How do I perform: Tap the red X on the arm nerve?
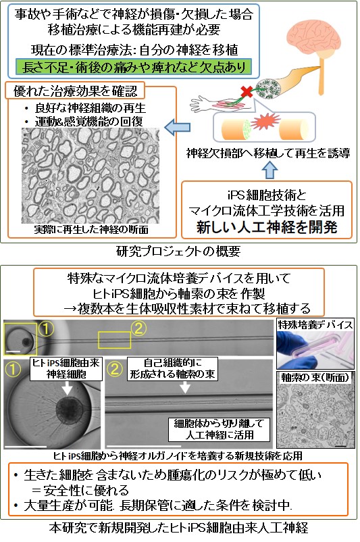click(x=247, y=92)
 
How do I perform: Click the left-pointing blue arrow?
click(x=177, y=128)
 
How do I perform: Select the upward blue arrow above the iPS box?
click(x=269, y=170)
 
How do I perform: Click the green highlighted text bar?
click(x=133, y=67)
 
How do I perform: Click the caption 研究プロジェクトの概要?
click(x=178, y=251)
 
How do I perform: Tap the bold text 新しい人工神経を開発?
click(x=267, y=227)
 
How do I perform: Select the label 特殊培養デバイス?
click(x=315, y=325)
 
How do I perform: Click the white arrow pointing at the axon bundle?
click(x=185, y=387)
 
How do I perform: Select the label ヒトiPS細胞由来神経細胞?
click(x=66, y=368)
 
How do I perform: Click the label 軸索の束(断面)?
click(x=315, y=378)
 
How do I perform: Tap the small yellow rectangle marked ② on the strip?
click(x=115, y=340)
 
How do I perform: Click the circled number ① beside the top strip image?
click(x=46, y=328)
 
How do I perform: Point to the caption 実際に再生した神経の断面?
click(x=91, y=230)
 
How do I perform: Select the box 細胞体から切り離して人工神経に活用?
click(x=219, y=429)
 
